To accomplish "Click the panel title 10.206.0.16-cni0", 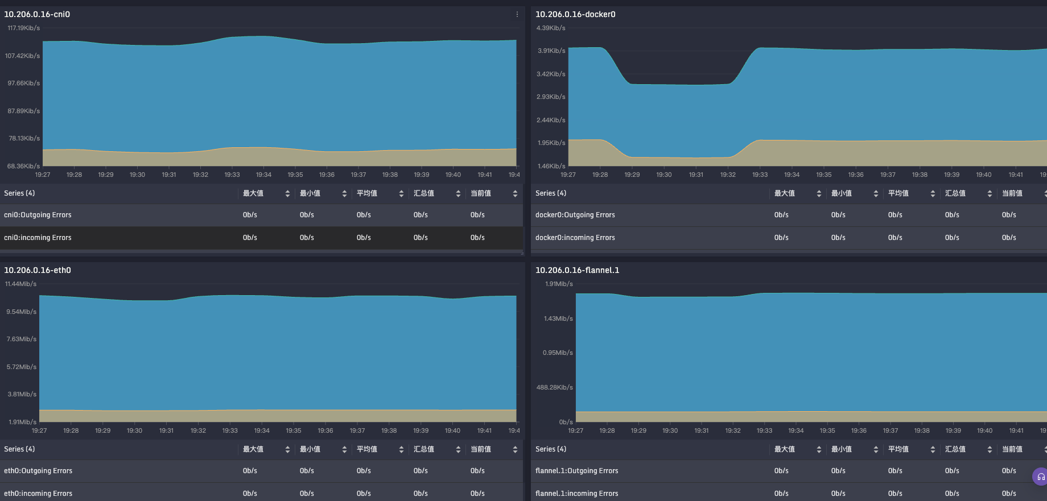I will point(37,14).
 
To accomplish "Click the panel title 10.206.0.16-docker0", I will point(575,14).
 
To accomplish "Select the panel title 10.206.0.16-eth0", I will point(38,270).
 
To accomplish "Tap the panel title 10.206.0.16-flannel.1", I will point(577,270).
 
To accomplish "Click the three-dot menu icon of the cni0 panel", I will point(517,14).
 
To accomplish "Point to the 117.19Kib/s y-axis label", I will point(23,28).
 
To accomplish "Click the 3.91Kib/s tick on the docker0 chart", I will point(551,51).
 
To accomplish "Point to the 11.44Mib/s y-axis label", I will point(20,284).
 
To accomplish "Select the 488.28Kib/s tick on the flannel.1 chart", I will point(554,387).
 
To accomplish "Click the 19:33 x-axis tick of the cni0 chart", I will point(232,175).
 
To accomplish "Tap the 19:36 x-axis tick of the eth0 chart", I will point(325,430).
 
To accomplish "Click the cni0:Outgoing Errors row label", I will point(38,215).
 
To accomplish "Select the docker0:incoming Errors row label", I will point(575,238).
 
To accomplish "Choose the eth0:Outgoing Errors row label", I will point(38,471).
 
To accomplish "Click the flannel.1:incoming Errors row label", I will point(576,494).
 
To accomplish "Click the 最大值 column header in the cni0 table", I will point(253,193).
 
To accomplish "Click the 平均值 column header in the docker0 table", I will point(898,193).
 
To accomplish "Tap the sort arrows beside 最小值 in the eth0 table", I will point(344,449).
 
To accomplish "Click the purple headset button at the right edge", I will point(1041,477).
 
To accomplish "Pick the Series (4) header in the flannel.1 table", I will point(550,449).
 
